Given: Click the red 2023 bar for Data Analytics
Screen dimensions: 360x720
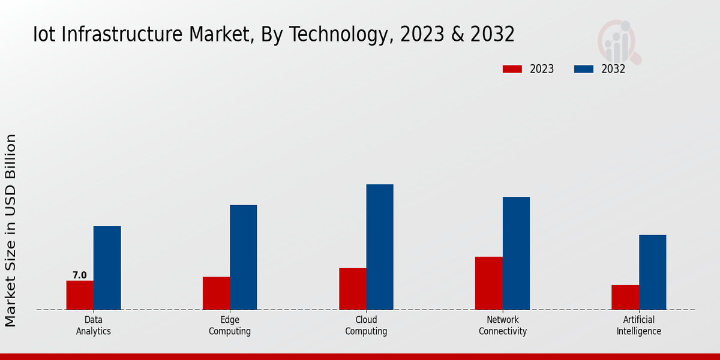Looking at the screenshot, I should pyautogui.click(x=80, y=295).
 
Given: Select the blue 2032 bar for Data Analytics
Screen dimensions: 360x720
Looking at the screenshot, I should pyautogui.click(x=107, y=268).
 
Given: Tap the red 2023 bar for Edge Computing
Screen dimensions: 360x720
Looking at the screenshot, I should pyautogui.click(x=216, y=293).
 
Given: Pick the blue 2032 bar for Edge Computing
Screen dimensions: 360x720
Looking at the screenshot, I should pyautogui.click(x=243, y=257).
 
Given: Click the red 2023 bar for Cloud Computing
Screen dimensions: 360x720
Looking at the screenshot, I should pyautogui.click(x=352, y=289).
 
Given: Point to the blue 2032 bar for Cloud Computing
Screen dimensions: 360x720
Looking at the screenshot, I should pyautogui.click(x=380, y=247).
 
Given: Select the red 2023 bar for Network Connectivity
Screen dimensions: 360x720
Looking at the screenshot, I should pyautogui.click(x=488, y=283).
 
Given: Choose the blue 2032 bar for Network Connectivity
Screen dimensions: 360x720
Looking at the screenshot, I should pyautogui.click(x=516, y=253).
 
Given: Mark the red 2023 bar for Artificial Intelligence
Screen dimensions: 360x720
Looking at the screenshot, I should pyautogui.click(x=625, y=298).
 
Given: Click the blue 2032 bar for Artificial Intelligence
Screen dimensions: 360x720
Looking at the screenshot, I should pyautogui.click(x=652, y=272).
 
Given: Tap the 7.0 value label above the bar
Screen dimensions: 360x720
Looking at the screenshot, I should pyautogui.click(x=80, y=275).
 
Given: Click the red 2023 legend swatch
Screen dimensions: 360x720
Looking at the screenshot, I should pyautogui.click(x=512, y=69).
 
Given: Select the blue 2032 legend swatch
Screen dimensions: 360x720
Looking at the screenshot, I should pyautogui.click(x=583, y=69).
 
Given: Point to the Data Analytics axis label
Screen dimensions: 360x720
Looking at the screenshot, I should pyautogui.click(x=94, y=325).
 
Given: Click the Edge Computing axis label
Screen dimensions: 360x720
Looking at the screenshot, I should pyautogui.click(x=230, y=325).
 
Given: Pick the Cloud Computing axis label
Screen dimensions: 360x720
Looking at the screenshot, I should pyautogui.click(x=366, y=325).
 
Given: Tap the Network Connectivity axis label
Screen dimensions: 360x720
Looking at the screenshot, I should pyautogui.click(x=503, y=325).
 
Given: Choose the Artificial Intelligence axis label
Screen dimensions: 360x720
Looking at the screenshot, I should pyautogui.click(x=639, y=325).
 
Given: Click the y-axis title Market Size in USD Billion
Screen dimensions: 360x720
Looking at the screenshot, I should pyautogui.click(x=11, y=230).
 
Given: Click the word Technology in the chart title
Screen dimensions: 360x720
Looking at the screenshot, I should pyautogui.click(x=340, y=35).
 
